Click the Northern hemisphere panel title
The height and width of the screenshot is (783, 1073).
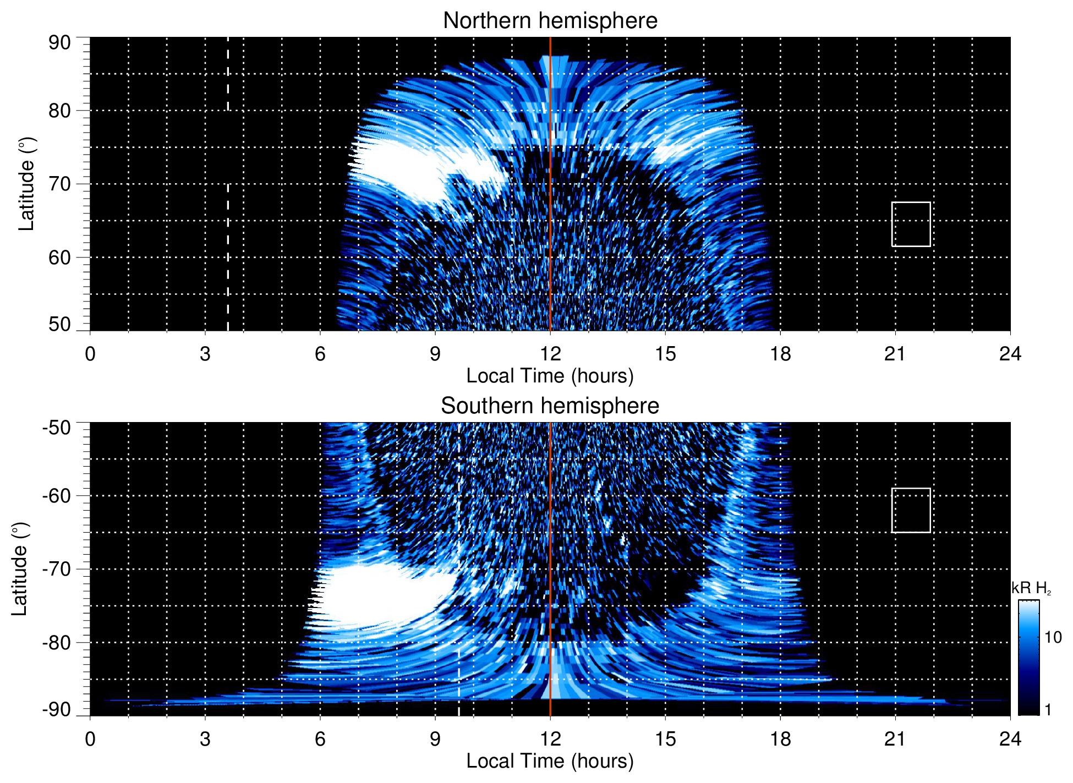(550, 21)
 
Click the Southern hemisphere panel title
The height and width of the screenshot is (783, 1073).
(550, 406)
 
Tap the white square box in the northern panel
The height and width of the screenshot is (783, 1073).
(911, 224)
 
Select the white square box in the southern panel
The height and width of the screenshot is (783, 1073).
(911, 510)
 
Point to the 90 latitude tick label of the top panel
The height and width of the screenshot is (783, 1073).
(59, 43)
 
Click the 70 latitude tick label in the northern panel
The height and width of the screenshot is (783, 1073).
(59, 184)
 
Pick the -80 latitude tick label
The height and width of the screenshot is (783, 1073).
(57, 643)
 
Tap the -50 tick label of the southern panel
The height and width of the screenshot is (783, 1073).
(57, 428)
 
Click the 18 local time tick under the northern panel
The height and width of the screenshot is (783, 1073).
(780, 354)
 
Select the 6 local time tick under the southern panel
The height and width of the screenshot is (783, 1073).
(320, 739)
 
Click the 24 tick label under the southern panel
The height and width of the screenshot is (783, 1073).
(1010, 739)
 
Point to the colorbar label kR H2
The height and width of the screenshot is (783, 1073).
(1031, 588)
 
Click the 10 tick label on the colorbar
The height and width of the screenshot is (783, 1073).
(1053, 637)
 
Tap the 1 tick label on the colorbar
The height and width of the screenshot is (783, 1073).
(1048, 710)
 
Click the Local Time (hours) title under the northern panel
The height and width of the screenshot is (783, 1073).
(550, 376)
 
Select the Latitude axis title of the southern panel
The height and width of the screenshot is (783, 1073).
(20, 569)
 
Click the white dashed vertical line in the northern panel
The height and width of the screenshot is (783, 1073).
(228, 220)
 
